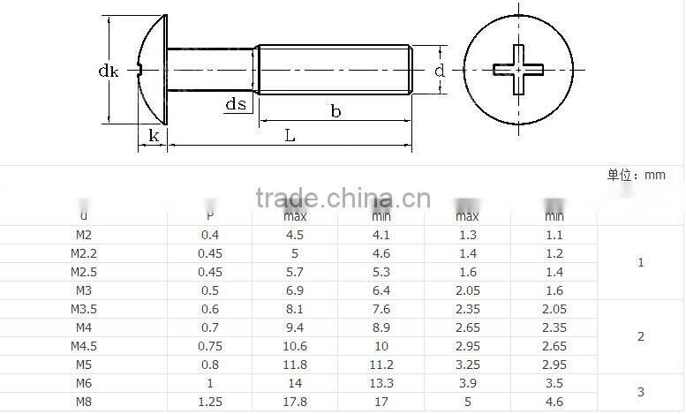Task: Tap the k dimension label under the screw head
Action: point(154,135)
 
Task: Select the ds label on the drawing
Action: point(235,105)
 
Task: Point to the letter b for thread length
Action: point(335,111)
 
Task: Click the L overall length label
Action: point(290,135)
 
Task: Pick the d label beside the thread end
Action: point(439,71)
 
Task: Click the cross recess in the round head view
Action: point(519,69)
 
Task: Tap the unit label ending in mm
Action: point(636,175)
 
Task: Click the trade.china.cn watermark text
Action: point(343,198)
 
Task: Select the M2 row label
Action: point(84,235)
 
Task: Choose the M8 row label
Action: point(84,403)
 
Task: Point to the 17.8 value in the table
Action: point(295,403)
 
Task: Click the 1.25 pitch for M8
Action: point(209,403)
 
